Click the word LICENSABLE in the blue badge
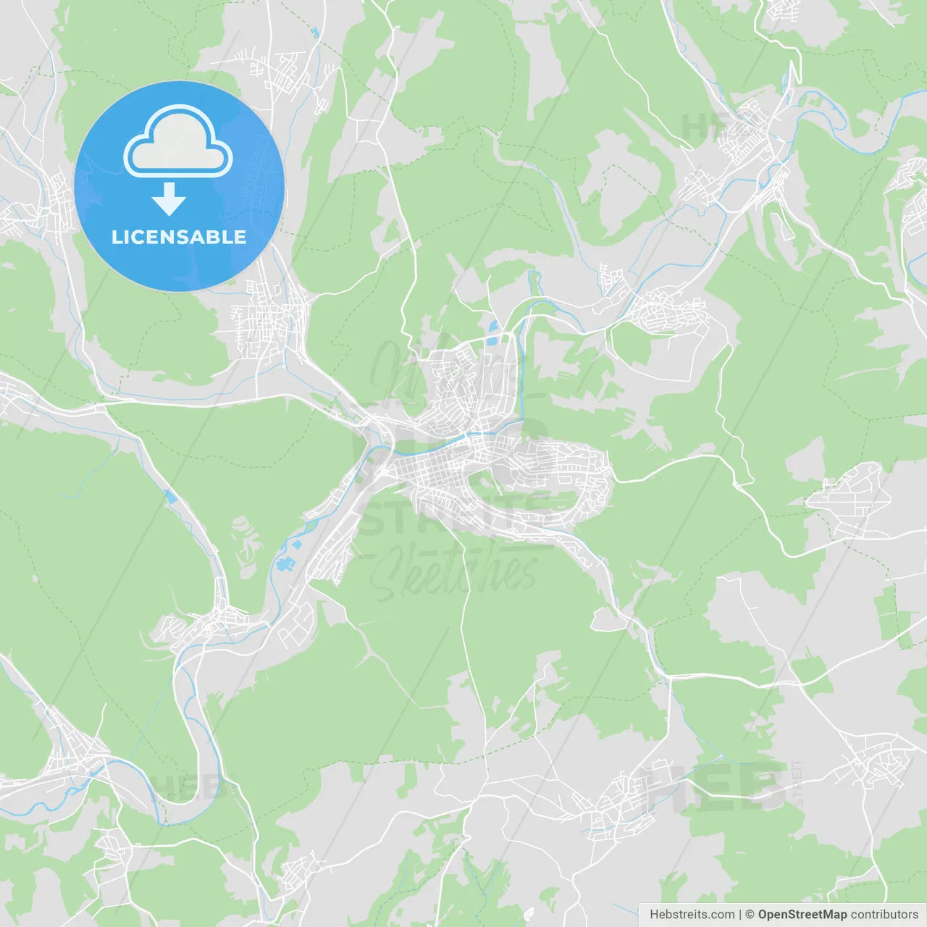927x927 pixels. (179, 237)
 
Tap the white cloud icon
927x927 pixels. (178, 143)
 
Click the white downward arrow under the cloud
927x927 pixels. (169, 199)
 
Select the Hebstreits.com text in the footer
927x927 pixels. (692, 915)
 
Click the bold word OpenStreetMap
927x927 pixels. (802, 915)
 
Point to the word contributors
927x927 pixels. (884, 915)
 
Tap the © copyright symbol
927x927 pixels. (750, 915)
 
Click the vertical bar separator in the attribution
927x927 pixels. (739, 915)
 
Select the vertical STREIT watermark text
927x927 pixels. (798, 783)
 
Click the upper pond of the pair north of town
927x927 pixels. (494, 327)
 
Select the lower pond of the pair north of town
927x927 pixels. (492, 340)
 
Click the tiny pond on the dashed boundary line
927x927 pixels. (314, 33)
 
